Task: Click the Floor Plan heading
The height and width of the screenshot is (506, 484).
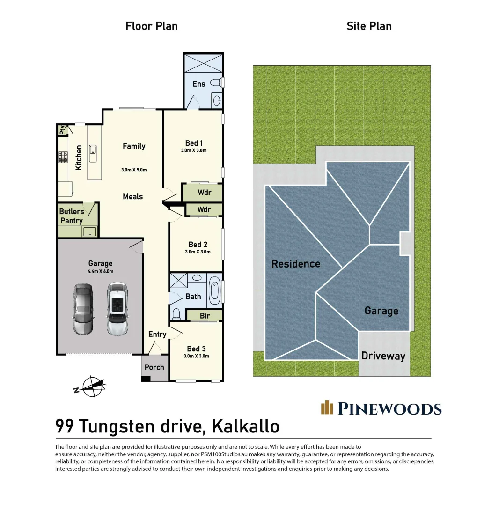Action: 152,26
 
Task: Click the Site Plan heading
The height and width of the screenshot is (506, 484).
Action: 369,26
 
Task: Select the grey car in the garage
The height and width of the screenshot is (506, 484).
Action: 82,309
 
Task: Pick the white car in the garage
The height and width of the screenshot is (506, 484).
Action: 117,308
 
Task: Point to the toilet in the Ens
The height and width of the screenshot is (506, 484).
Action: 216,83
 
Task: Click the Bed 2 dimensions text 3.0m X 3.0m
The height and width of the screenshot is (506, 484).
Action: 198,252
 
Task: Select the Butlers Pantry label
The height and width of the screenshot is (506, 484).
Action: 72,216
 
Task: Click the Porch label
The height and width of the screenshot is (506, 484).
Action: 154,367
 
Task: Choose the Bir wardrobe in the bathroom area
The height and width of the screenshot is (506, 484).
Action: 205,316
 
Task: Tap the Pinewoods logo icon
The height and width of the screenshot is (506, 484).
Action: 327,408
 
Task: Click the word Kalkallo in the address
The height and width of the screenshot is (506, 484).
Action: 246,426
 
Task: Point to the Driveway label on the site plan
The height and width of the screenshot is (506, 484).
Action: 383,356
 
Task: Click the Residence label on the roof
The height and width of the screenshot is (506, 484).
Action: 296,264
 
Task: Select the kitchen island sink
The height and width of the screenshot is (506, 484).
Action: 93,150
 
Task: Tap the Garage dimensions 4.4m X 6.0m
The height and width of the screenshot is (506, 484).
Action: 100,271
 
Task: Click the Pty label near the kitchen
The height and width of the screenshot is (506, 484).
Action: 62,130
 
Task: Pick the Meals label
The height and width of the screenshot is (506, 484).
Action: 133,196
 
